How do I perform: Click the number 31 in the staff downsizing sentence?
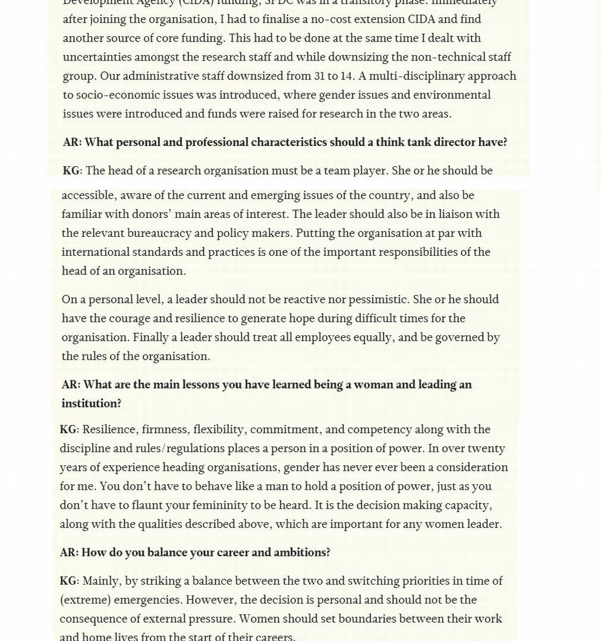point(322,76)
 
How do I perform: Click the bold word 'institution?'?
point(91,404)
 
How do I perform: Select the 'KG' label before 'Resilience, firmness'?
point(68,430)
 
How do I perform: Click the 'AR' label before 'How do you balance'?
point(68,553)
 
